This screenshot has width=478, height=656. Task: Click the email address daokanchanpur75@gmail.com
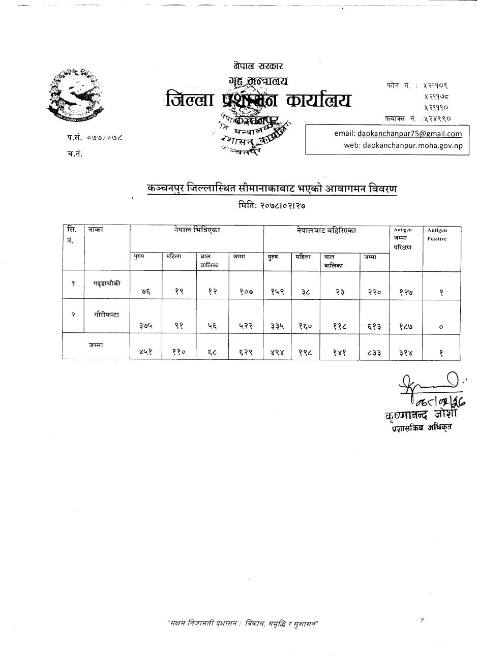tap(409, 134)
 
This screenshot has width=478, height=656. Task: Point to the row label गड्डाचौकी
tap(107, 283)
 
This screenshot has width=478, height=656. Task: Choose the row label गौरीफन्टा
tap(107, 315)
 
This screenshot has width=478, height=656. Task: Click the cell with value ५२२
tap(246, 327)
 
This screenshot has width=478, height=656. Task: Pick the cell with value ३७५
tap(145, 327)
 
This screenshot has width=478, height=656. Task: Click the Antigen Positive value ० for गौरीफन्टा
tap(441, 327)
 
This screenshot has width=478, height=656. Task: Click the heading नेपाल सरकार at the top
tap(258, 66)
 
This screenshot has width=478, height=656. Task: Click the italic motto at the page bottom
tap(243, 623)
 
